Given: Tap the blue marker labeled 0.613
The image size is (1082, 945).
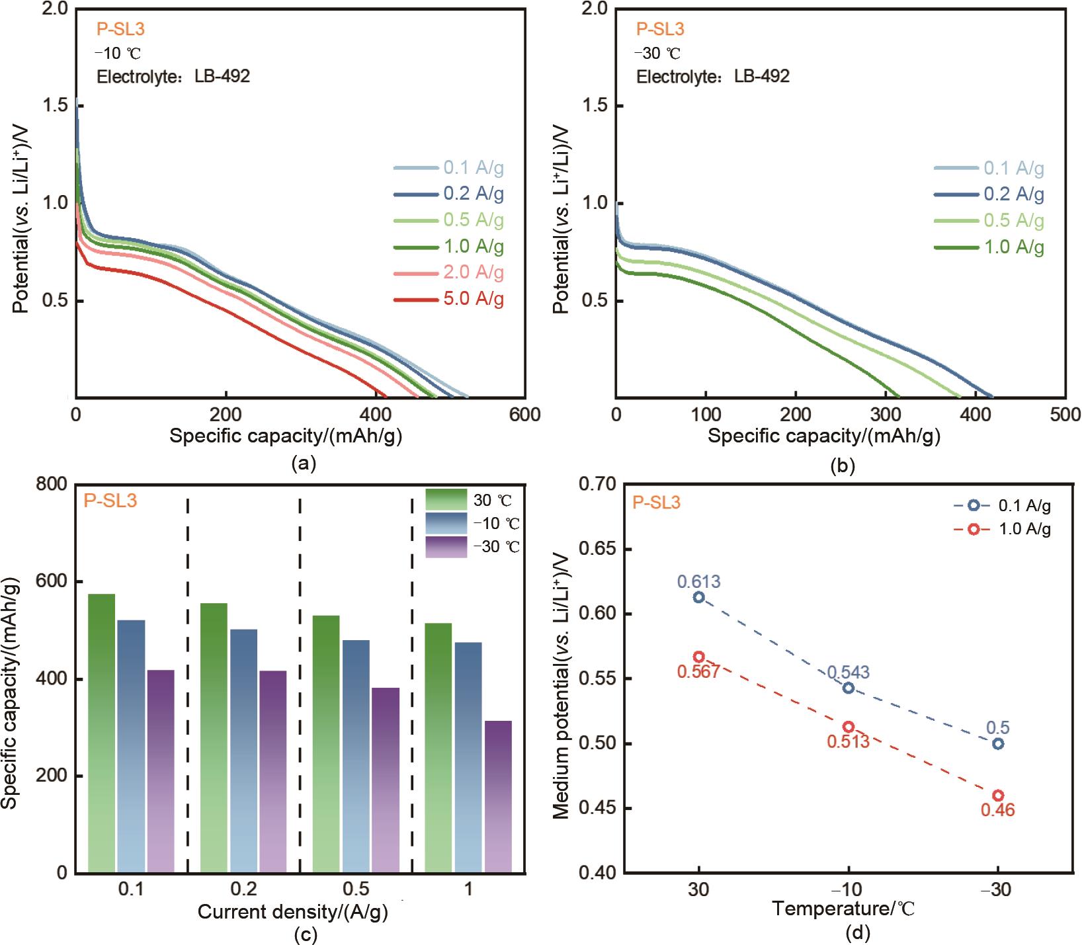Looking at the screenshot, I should [x=698, y=597].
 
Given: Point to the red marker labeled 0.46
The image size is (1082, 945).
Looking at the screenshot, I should [x=998, y=796].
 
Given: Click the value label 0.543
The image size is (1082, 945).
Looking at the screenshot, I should [x=848, y=673].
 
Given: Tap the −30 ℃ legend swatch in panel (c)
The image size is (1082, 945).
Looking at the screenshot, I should [x=446, y=547].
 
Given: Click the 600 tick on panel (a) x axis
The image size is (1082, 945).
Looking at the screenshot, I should [x=525, y=415].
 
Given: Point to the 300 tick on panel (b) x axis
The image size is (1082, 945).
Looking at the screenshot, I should [x=885, y=415].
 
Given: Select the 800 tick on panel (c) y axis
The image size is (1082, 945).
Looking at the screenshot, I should [x=52, y=484].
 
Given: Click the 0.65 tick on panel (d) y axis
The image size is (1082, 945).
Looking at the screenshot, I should [x=597, y=549].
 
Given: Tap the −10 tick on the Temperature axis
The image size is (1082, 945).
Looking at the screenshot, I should [x=848, y=889].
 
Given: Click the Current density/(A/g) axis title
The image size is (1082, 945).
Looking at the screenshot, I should [x=293, y=912].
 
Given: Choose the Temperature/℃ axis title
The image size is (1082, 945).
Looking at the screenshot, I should [x=843, y=909].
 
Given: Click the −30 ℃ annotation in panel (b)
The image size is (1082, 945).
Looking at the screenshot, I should [x=657, y=54].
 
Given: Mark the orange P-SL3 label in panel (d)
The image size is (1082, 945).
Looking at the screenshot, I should [x=656, y=503].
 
